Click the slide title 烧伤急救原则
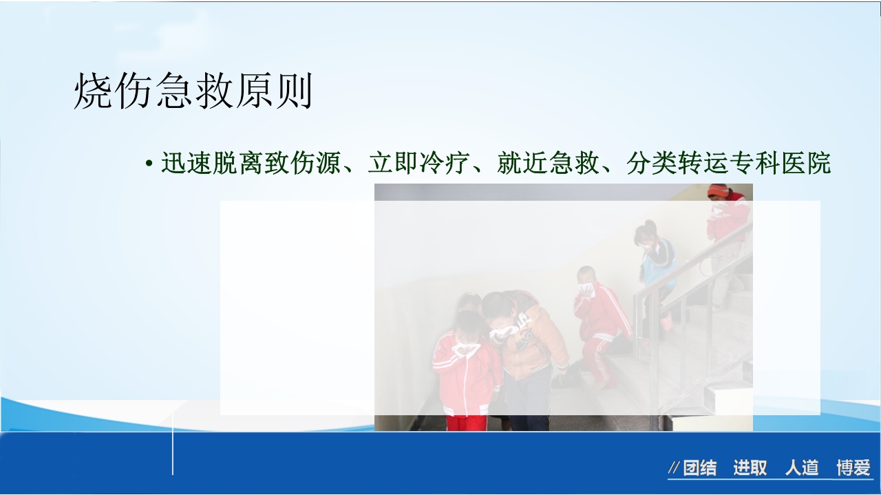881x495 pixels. [x=193, y=92]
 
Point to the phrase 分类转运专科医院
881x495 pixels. [x=729, y=164]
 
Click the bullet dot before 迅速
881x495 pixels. [x=149, y=165]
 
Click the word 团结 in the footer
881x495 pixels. [x=700, y=469]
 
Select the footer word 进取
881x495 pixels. [x=750, y=469]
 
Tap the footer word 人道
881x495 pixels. [x=802, y=469]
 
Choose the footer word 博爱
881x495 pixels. [x=853, y=469]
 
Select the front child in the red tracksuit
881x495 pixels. [x=467, y=375]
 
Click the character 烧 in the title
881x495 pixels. [x=93, y=92]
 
